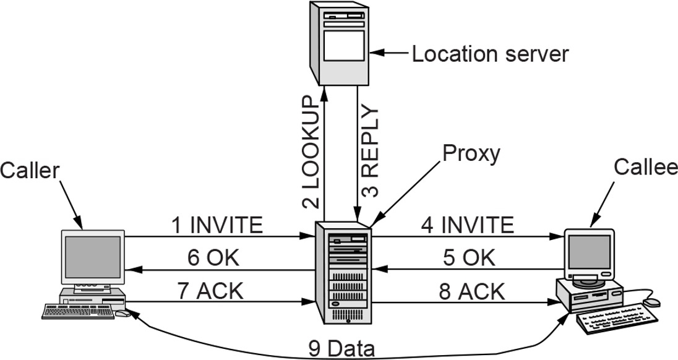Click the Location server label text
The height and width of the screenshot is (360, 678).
coord(490,54)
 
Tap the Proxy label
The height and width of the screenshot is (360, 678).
coord(471,153)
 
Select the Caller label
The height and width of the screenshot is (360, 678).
coord(30,171)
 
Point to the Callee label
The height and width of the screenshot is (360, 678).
coord(646,167)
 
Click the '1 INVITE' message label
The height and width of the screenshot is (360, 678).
coord(218,225)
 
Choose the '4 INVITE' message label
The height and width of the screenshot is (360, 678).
coord(468,225)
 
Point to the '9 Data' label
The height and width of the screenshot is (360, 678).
coord(341,349)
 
